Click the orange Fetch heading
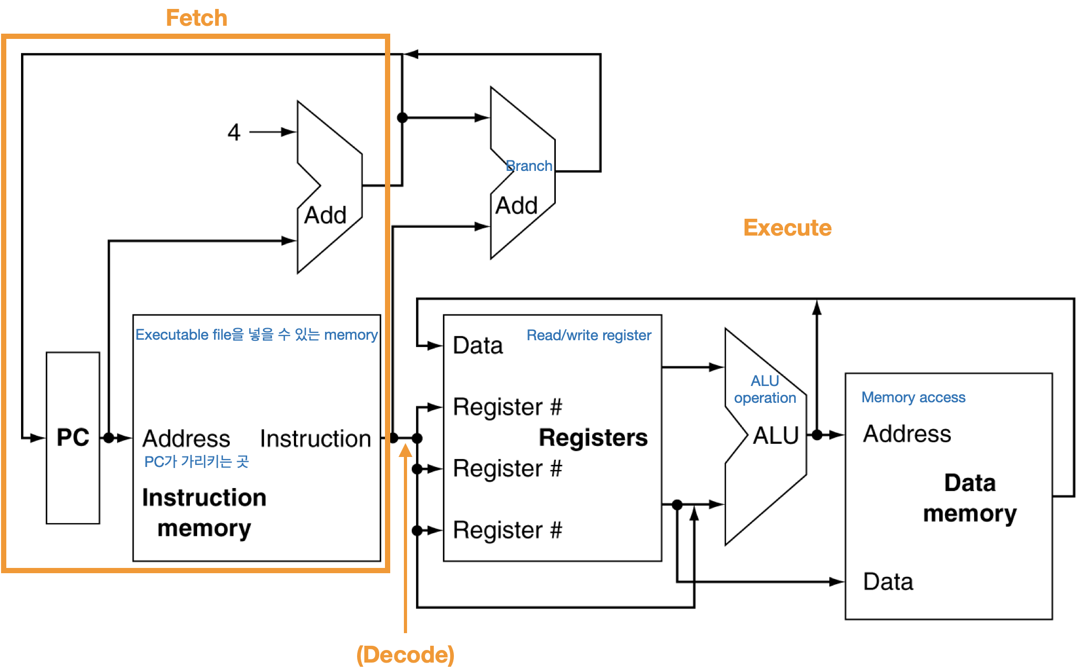[x=197, y=18]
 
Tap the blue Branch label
[x=529, y=166]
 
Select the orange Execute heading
[x=787, y=228]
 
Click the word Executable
[x=172, y=334]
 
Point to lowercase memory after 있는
[x=351, y=334]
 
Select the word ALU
[x=765, y=380]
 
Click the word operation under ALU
[x=765, y=398]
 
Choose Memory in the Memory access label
[x=888, y=398]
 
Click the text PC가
[x=160, y=461]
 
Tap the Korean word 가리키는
[x=206, y=461]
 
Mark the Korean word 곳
[x=242, y=461]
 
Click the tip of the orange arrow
[x=405, y=444]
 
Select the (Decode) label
[x=405, y=655]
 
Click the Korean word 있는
[x=307, y=334]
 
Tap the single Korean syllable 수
[x=284, y=334]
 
